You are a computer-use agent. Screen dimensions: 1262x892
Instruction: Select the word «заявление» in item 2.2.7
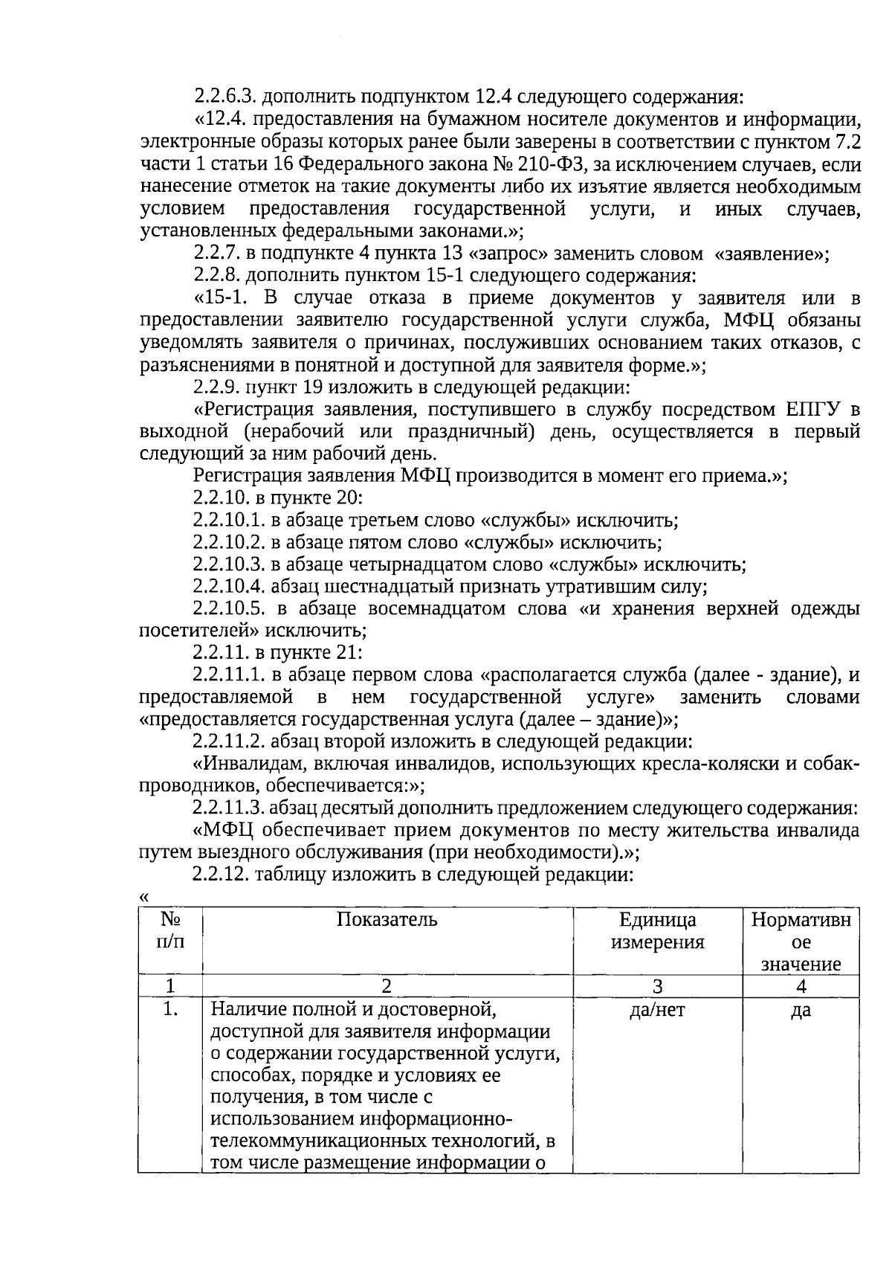tap(771, 254)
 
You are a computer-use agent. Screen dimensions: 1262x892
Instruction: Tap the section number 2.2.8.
tap(216, 276)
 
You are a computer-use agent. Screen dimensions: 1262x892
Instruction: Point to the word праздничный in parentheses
tap(470, 432)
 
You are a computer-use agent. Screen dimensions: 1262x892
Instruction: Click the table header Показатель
tap(387, 920)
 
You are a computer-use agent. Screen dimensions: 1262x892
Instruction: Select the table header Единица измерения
tap(657, 931)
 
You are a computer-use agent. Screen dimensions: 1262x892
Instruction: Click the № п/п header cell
tap(170, 931)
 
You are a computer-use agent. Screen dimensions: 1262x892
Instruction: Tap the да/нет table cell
tap(657, 1010)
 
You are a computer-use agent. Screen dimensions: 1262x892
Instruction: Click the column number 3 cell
tap(657, 987)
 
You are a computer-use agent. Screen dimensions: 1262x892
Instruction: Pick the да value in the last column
tap(801, 1010)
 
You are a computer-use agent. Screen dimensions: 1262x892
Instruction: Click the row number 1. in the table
tap(170, 1010)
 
